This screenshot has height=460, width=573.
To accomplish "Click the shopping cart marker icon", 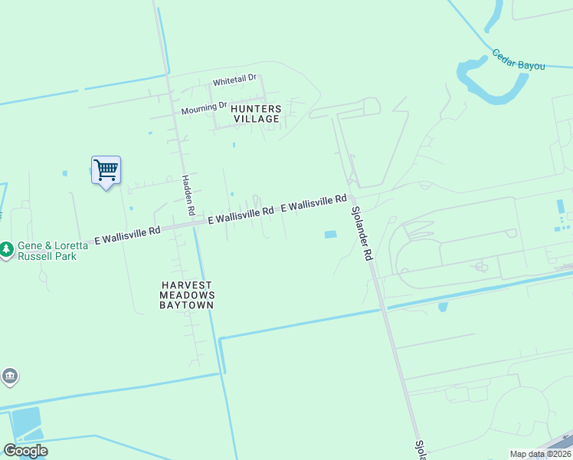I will (x=106, y=170).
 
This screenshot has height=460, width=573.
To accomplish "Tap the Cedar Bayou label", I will (x=519, y=61).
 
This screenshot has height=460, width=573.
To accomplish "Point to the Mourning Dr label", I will (x=205, y=109).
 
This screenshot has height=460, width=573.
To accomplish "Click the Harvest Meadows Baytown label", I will (x=187, y=294).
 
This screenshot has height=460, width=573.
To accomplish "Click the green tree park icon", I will (x=6, y=250).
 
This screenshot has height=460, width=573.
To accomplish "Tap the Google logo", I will (x=25, y=451).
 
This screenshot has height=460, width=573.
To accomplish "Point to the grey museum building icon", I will (x=9, y=376).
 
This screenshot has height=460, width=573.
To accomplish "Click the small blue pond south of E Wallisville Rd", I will (x=330, y=235).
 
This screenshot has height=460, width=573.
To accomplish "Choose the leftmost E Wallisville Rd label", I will (x=127, y=235).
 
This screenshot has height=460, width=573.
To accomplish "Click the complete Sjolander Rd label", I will (x=362, y=233).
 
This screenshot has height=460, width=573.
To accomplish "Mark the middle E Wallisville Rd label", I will (x=241, y=215).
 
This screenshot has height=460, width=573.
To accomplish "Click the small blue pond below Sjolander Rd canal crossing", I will (x=443, y=307).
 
